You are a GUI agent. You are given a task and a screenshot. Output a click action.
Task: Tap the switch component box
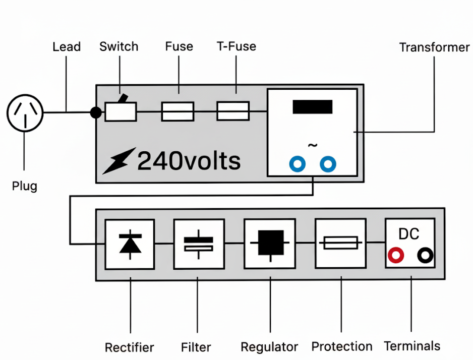[x=121, y=111]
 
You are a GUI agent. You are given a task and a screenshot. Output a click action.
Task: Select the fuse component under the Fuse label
[x=178, y=111]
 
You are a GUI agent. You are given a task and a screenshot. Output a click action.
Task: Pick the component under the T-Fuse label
[x=233, y=111]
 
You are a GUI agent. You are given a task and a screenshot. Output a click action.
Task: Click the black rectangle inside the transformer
[x=312, y=107]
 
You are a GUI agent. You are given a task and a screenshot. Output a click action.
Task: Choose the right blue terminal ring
[x=328, y=164]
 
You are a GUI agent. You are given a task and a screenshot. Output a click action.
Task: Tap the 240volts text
[x=189, y=161]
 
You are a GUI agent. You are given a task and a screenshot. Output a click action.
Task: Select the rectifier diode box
[x=130, y=244]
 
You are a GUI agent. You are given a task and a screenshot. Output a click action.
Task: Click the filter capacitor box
[x=198, y=244]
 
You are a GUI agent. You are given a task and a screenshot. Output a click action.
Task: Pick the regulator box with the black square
[x=270, y=244]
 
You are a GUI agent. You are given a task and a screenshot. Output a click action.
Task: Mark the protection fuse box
[x=341, y=244]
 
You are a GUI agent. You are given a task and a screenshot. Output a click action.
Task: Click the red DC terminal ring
[x=396, y=256]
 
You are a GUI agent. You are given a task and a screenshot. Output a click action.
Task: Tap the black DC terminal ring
[x=425, y=256]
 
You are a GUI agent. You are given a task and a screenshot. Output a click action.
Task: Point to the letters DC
[x=409, y=234]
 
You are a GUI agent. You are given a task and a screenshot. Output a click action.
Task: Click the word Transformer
[x=434, y=47]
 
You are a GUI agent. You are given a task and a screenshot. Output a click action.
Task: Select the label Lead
[x=67, y=47]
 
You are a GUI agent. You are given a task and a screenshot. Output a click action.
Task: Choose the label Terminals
[x=412, y=346]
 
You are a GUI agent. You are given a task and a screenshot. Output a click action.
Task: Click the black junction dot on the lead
[x=95, y=112]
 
